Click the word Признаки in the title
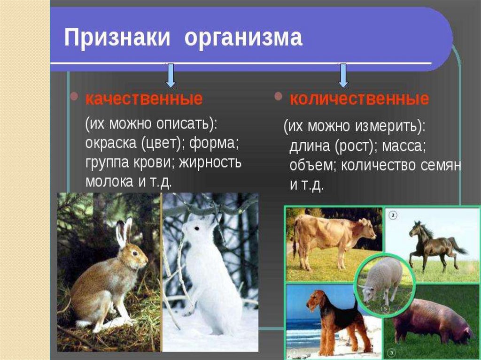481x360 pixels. (x=117, y=38)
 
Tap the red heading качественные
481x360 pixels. (x=144, y=99)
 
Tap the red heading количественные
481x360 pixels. (x=359, y=99)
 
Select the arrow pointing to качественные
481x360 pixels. (x=171, y=76)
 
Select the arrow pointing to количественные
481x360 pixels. (x=343, y=76)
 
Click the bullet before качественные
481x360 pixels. (x=74, y=97)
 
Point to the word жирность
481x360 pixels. (x=210, y=162)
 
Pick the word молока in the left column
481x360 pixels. (x=109, y=182)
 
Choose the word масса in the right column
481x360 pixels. (x=403, y=146)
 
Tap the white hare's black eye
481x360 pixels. (x=197, y=229)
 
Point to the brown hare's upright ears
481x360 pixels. (x=124, y=232)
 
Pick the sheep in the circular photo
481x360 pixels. (x=381, y=281)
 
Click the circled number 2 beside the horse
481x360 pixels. (x=393, y=215)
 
